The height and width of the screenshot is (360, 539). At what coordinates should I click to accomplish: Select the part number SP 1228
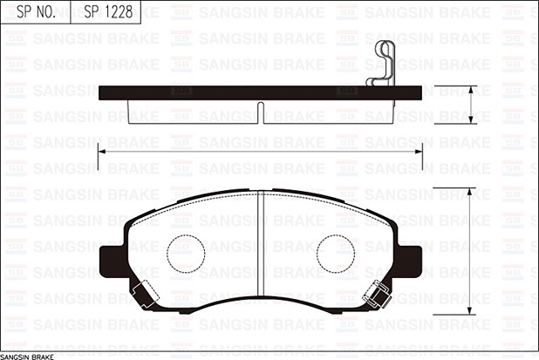point(104,11)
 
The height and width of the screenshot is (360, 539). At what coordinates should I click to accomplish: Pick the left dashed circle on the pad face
point(185,252)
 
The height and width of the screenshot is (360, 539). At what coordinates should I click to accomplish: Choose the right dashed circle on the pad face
point(335,252)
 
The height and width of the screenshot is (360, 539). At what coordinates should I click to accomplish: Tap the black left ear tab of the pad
point(111,257)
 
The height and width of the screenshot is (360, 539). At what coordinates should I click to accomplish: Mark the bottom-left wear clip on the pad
point(143,295)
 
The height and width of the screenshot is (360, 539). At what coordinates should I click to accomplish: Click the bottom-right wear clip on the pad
point(379,296)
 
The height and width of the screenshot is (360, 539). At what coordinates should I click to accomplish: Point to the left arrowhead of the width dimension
point(101,151)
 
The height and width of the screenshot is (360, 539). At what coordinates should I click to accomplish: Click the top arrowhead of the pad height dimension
point(472,191)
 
